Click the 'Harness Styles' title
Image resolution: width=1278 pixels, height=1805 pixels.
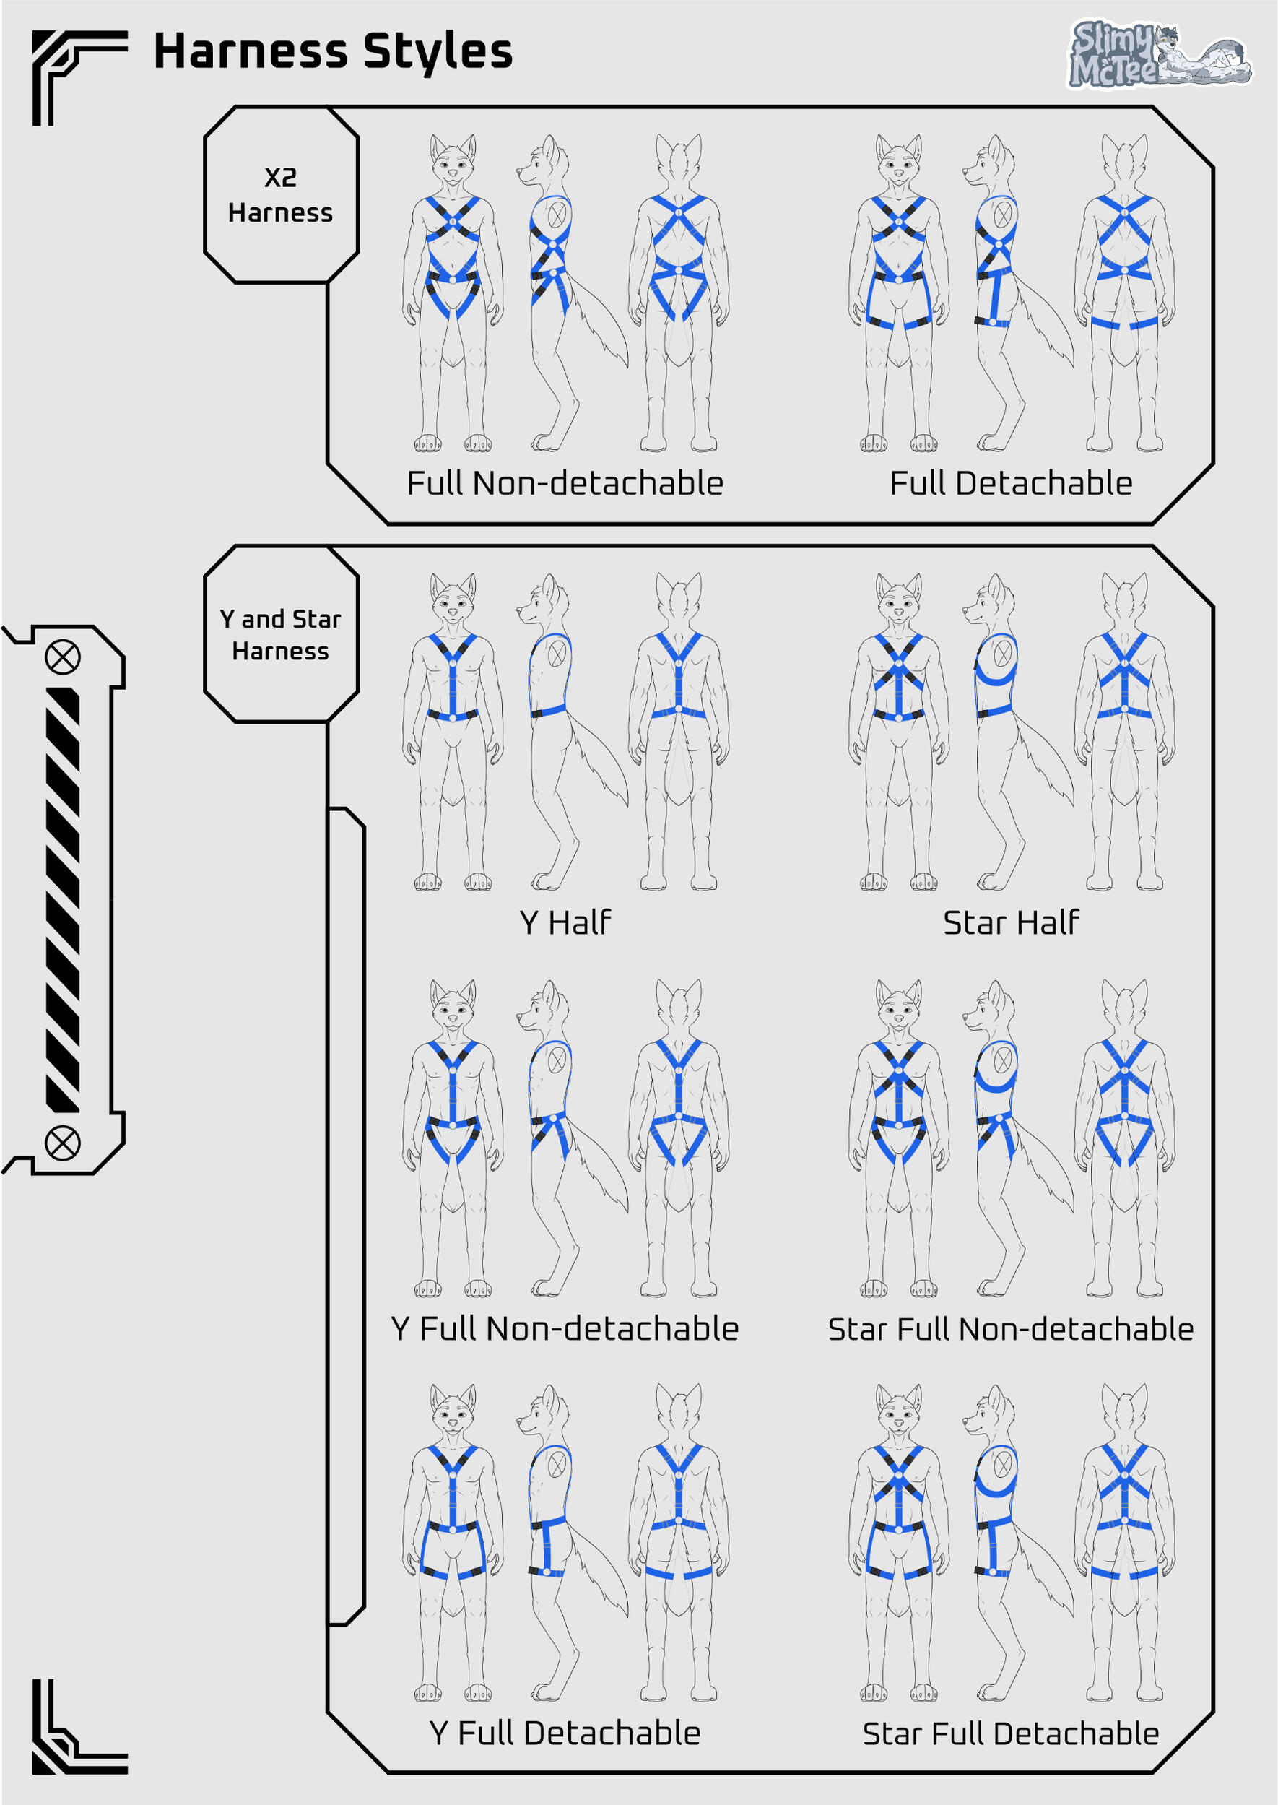pos(332,52)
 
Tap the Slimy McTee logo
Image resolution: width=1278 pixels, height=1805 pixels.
pos(1159,53)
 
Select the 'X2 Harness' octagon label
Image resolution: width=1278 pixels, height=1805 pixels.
pos(281,194)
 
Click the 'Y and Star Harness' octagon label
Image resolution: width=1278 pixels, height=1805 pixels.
pos(281,633)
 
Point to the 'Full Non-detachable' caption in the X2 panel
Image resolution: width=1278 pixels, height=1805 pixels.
pos(564,483)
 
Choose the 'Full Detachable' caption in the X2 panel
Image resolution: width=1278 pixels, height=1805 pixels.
pos(1010,483)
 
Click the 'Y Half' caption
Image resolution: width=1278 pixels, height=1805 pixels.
pos(564,922)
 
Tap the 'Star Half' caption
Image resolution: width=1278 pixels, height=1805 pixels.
pos(1010,922)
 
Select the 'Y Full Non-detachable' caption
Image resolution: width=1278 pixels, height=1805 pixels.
pos(564,1329)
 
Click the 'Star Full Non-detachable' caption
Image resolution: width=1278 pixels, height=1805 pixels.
pos(1010,1329)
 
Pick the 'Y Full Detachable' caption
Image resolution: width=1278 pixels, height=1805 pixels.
pos(564,1733)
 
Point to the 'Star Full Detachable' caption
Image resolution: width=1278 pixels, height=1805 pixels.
pos(1010,1733)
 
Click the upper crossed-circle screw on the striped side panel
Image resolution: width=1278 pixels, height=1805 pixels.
pos(62,657)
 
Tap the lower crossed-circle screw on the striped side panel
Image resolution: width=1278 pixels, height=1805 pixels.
pos(62,1143)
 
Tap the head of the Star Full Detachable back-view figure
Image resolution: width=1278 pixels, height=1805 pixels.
pos(1124,1413)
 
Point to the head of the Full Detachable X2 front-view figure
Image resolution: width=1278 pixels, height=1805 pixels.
pos(899,161)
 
